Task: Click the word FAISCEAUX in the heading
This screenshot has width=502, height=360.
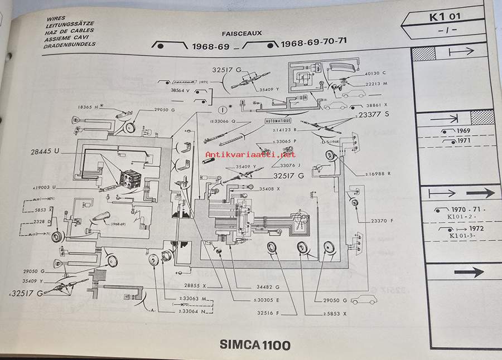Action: click(242, 33)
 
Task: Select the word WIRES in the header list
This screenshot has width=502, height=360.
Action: click(56, 18)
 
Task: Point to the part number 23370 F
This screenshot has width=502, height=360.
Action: click(382, 221)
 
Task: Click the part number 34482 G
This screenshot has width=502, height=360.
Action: click(268, 286)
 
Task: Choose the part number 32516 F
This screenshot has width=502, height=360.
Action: click(268, 313)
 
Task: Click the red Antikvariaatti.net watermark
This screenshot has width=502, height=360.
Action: click(250, 154)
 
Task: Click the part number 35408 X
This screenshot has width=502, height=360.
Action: click(269, 189)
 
